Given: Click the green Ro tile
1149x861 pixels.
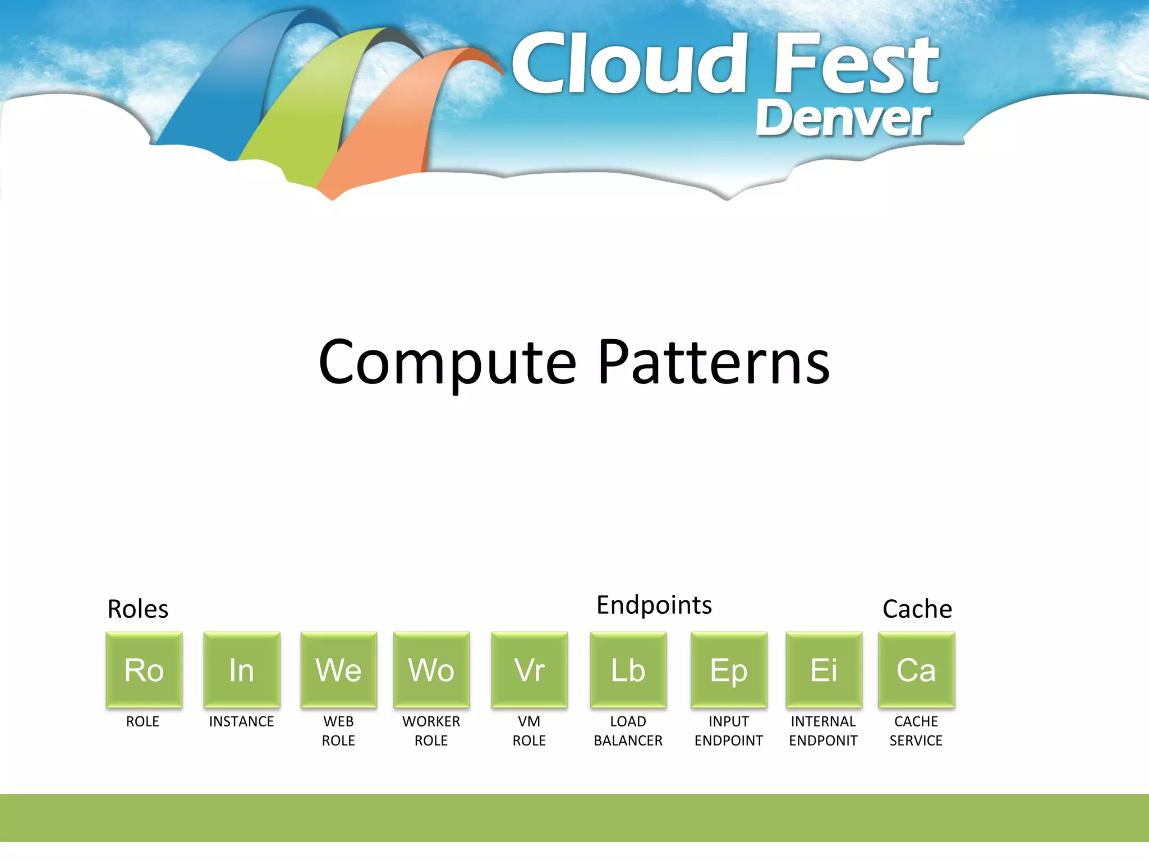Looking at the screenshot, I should (144, 669).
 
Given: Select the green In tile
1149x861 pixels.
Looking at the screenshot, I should (242, 669).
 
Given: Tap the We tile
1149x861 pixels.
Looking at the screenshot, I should (339, 669).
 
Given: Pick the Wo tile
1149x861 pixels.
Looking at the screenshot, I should (431, 669).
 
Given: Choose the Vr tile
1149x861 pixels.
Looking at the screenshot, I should (529, 669).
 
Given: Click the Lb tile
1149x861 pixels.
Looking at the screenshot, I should (628, 669).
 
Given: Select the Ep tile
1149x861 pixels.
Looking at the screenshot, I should (729, 669).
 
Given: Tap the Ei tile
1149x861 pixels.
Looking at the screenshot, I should (824, 669).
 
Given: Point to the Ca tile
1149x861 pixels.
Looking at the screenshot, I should (916, 669).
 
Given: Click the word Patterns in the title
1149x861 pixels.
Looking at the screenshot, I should (713, 363).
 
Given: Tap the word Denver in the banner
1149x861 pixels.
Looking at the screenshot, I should (843, 118).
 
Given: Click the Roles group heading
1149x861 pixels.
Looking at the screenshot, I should (137, 609).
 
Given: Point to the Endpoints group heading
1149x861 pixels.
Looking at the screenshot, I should (654, 605).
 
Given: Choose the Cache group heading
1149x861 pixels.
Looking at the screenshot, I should (917, 609).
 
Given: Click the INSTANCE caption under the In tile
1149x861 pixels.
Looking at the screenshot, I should (241, 721).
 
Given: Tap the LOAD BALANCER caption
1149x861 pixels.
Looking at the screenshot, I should (628, 731).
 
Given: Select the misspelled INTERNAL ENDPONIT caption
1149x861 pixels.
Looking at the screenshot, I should (823, 731).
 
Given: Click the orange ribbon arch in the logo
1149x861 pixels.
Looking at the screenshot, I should (387, 129).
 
